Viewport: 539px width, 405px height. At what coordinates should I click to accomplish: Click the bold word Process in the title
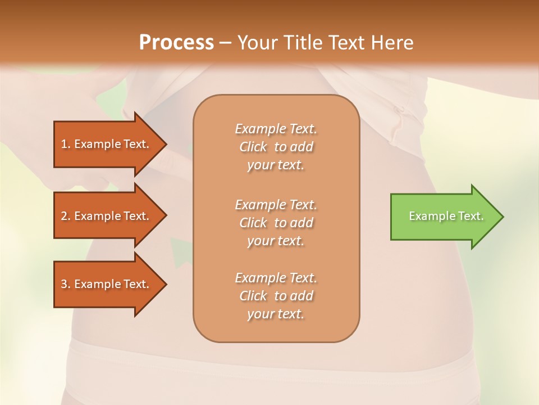click(176, 43)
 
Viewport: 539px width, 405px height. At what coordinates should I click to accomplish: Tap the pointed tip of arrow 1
click(165, 144)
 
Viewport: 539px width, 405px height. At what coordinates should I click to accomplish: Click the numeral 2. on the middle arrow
click(65, 216)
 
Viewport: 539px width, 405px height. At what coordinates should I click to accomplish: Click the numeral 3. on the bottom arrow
click(65, 284)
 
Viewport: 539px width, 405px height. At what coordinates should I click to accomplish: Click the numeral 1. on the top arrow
click(65, 144)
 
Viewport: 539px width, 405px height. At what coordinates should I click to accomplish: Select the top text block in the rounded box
click(276, 147)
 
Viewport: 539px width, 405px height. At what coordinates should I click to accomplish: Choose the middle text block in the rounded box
click(276, 223)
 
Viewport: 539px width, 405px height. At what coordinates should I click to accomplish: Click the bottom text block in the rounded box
click(276, 296)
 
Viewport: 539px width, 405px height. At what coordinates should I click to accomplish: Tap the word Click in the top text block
click(253, 147)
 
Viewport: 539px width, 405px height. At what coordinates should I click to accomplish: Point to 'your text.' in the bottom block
click(276, 314)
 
